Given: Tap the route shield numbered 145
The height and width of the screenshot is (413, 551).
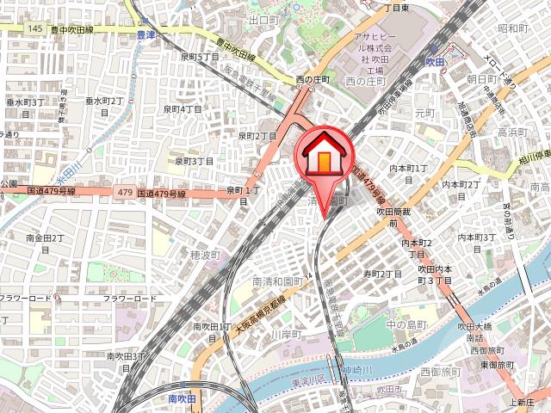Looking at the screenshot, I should pyautogui.click(x=34, y=28).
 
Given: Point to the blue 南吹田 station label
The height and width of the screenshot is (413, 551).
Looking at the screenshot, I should pyautogui.click(x=183, y=399).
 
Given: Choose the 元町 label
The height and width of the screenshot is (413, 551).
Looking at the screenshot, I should pyautogui.click(x=425, y=113).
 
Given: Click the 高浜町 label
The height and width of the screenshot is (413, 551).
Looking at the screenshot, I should pyautogui.click(x=513, y=133).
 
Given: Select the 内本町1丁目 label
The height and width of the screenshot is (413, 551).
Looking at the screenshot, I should pyautogui.click(x=408, y=169).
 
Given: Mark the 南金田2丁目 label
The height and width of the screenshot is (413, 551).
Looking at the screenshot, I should pyautogui.click(x=46, y=237).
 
